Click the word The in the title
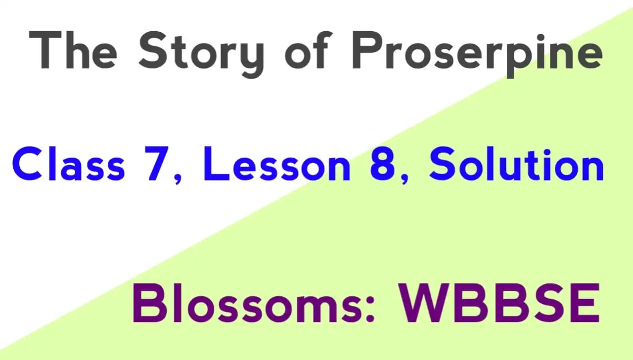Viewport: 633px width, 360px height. tap(73, 50)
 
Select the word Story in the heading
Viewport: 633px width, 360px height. tap(201, 54)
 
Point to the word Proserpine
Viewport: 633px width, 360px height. tap(477, 54)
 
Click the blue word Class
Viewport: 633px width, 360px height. tap(68, 164)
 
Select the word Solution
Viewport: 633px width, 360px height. tap(517, 164)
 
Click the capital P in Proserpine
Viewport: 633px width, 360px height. tap(366, 50)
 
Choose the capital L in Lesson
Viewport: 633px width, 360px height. tap(217, 164)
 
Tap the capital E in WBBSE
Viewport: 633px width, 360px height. tap(587, 303)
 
